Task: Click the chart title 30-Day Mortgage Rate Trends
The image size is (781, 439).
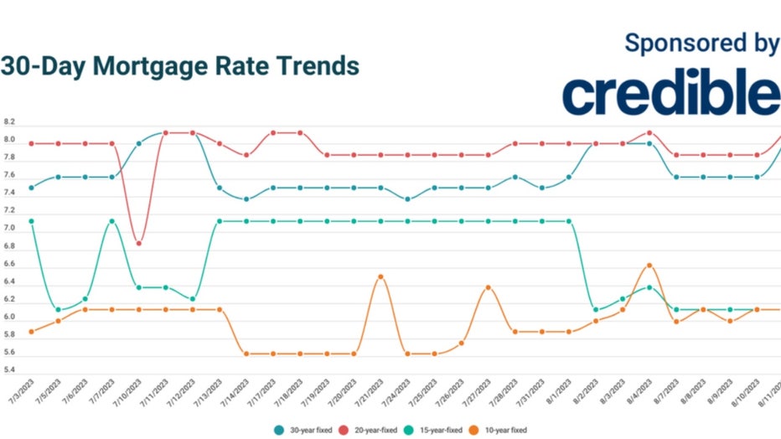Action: point(179,66)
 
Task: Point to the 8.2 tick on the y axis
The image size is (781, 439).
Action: point(9,122)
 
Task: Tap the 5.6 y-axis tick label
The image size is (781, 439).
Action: point(9,353)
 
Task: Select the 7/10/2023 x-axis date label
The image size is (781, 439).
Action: point(126,389)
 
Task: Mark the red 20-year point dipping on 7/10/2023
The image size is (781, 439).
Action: point(139,243)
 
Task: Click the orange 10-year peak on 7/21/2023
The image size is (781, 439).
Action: point(380,276)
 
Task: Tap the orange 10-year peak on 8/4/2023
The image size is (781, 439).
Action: point(649,266)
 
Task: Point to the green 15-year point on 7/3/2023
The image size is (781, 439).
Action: point(31,221)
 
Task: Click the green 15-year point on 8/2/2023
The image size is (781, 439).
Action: point(595,309)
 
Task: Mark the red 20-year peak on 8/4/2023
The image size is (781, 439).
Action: point(649,132)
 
